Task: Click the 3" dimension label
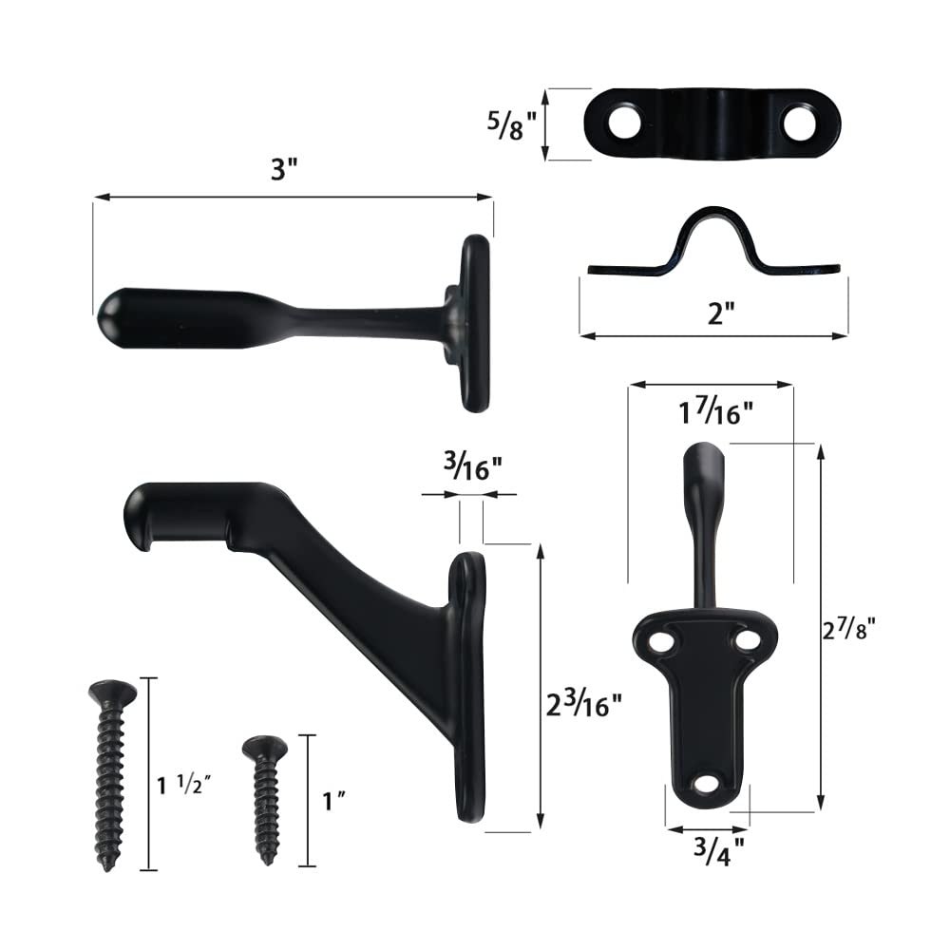coord(284,172)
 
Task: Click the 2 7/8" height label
coord(847,629)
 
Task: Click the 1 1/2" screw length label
coord(184,785)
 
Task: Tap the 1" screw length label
coord(332,801)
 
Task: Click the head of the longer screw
coord(111,691)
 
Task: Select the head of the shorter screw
coord(264,746)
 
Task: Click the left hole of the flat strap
coord(621,123)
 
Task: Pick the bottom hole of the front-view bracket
coord(705,784)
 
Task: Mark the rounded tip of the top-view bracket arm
coord(112,313)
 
